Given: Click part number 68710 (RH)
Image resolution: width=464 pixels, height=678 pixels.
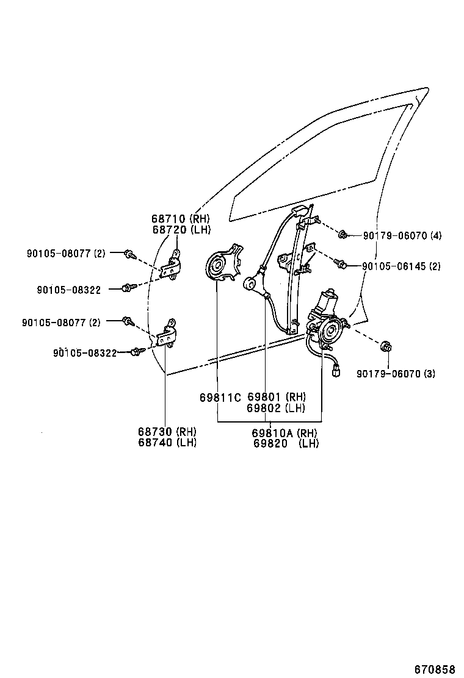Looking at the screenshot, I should click(180, 219).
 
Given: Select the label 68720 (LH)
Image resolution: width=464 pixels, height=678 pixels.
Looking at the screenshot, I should click(180, 229).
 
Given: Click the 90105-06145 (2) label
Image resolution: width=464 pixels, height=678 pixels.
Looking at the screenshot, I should click(401, 266).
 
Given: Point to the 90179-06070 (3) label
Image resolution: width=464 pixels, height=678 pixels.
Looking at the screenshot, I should click(396, 373).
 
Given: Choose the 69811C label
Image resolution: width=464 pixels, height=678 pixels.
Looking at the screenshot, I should click(220, 398).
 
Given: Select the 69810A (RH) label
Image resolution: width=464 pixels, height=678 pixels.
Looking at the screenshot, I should click(285, 433).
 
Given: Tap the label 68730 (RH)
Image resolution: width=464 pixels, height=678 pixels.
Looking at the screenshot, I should click(166, 432).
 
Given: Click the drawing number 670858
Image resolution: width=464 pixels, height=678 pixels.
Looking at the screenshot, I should click(435, 669).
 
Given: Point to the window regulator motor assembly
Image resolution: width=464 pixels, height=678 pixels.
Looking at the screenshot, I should click(327, 320).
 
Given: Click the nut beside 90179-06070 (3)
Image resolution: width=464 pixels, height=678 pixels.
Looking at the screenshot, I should click(386, 348).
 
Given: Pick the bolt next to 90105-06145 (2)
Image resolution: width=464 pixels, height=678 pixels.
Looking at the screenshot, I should click(341, 264).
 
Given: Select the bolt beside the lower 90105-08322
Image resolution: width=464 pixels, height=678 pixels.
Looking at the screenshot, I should click(137, 351).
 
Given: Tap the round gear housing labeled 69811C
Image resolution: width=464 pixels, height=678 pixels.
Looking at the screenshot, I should click(216, 266).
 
